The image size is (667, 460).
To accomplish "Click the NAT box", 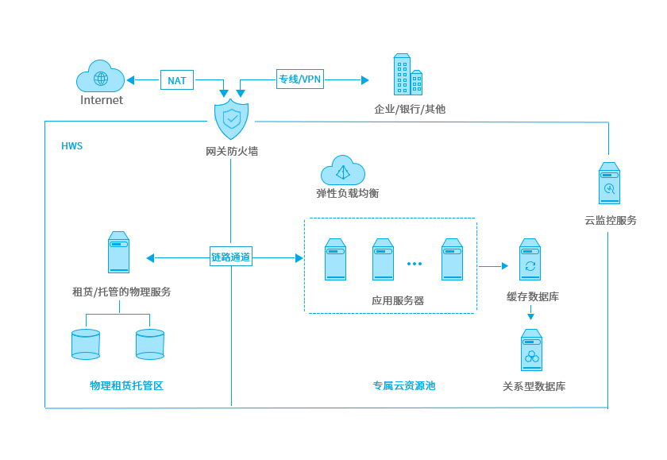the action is point(177,80).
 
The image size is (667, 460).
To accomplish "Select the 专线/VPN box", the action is point(300,79).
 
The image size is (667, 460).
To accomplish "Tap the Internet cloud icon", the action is point(100,75).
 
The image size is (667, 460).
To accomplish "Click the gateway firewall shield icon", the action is point(231,119).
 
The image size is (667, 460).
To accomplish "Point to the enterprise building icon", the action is point(408,75).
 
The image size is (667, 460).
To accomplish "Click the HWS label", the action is point(72,146).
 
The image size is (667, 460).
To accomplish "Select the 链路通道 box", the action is point(231,257).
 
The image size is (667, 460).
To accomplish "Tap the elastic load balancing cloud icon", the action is point(343,170).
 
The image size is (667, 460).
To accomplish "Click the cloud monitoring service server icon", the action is point(609,184).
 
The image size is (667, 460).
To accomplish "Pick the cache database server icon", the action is point(530,259).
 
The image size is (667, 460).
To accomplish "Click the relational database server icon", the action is point(531,350).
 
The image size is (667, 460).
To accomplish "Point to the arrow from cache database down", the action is point(531,313).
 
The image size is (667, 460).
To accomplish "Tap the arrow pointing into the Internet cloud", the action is point(143,80).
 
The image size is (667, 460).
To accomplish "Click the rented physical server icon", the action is point(118,253).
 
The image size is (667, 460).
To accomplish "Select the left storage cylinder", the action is point(86,344).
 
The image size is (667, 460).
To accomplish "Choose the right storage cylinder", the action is point(150,344).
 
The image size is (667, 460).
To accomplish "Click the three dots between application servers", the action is point(414,264).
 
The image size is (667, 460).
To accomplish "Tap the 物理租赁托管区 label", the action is point(127,385).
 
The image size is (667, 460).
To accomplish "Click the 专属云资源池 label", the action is point(404,385).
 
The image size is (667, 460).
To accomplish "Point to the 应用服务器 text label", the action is point(398,301).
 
